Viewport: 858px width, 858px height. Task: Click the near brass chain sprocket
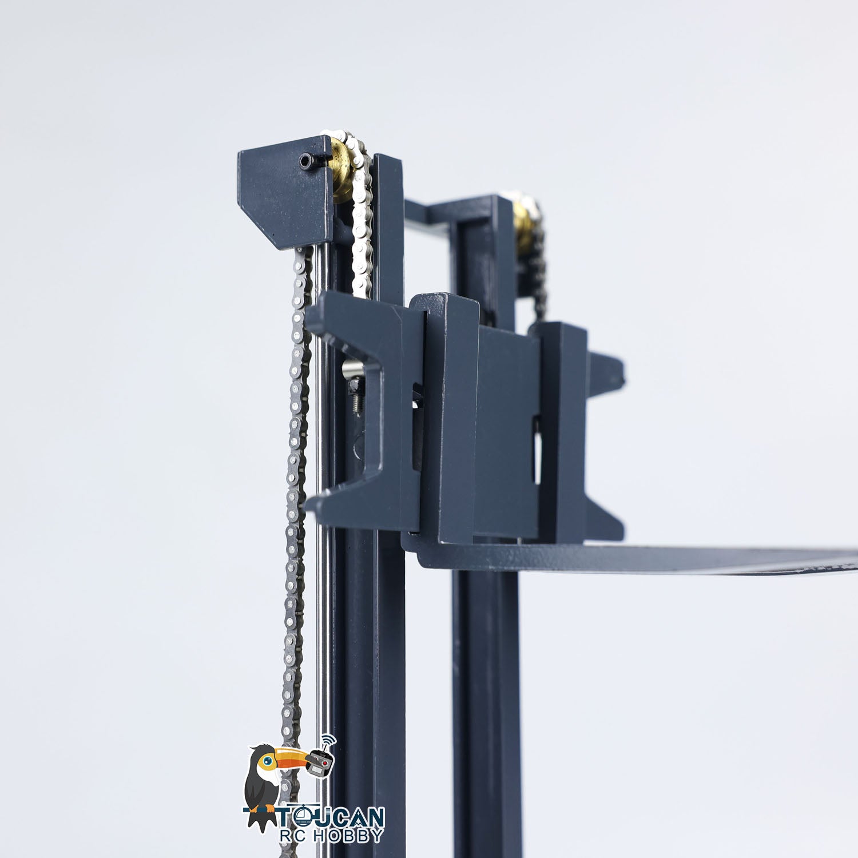tap(343, 169)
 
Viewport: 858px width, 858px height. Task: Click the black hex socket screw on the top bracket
tap(308, 162)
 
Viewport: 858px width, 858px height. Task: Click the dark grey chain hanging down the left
tap(295, 515)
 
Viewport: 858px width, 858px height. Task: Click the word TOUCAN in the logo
tap(334, 816)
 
